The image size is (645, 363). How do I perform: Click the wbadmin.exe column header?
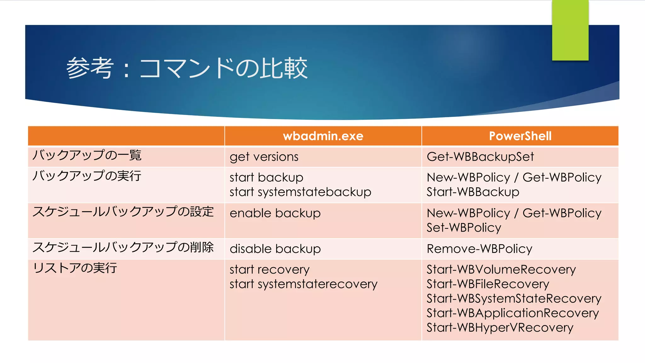coord(323,136)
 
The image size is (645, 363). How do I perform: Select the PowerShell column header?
coord(520,136)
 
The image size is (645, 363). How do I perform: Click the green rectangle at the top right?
coord(570,30)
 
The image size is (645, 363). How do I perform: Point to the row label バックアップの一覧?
coord(87,155)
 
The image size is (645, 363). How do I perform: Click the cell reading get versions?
coord(264,157)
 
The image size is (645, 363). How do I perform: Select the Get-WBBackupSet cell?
coord(480,157)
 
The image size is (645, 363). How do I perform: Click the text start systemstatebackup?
coord(300,192)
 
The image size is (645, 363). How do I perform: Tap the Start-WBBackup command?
coord(473,192)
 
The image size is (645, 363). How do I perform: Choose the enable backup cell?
coord(275,213)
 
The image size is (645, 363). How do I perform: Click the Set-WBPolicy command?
coord(464,228)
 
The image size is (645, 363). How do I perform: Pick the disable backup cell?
coord(275,249)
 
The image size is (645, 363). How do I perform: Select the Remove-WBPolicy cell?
coord(479,249)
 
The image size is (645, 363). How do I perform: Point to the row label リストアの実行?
coord(75,268)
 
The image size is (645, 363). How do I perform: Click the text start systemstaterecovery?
coord(303,284)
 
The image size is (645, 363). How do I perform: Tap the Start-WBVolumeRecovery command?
coord(501,270)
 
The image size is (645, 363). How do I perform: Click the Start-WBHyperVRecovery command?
coord(500,328)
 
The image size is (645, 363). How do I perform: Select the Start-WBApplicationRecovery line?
coord(512,313)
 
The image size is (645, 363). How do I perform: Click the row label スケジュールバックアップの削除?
coord(123,247)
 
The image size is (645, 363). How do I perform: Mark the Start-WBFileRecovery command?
coord(488,284)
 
